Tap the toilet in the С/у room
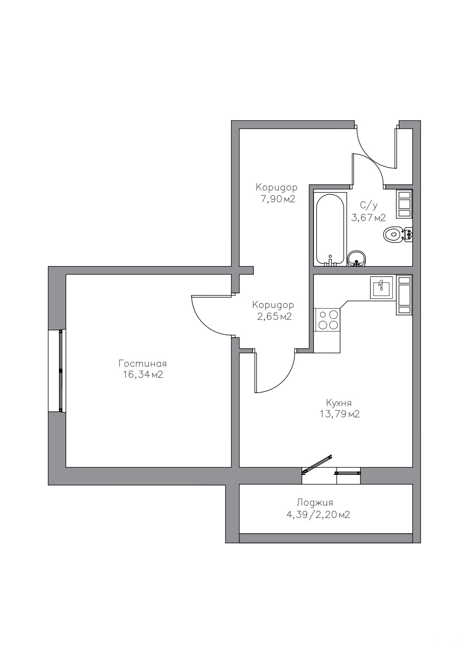coord(398,235)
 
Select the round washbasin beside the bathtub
coord(356,258)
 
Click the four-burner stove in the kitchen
coord(328,320)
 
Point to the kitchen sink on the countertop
coord(382,287)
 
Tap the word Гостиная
coord(143,363)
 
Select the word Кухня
coord(339,403)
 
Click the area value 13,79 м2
coord(339,414)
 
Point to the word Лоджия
coord(315,503)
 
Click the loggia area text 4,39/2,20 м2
coord(318,515)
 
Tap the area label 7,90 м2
coord(278,199)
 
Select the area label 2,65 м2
coord(274,316)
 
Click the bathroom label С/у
coord(368,206)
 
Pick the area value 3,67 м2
coord(368,218)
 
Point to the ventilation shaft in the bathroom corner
coord(404,204)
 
